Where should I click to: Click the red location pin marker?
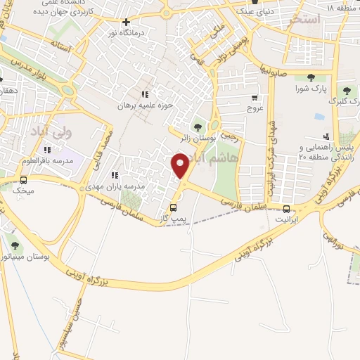tap(180, 166)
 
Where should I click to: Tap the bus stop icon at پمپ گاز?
tap(174, 208)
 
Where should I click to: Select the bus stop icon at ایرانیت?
tap(286, 209)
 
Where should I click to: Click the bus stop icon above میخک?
tap(24, 179)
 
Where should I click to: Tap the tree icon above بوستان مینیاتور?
tap(15, 245)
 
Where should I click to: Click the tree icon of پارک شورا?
tap(311, 78)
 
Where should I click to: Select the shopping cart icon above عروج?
tap(254, 98)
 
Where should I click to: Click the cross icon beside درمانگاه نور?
tap(126, 22)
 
